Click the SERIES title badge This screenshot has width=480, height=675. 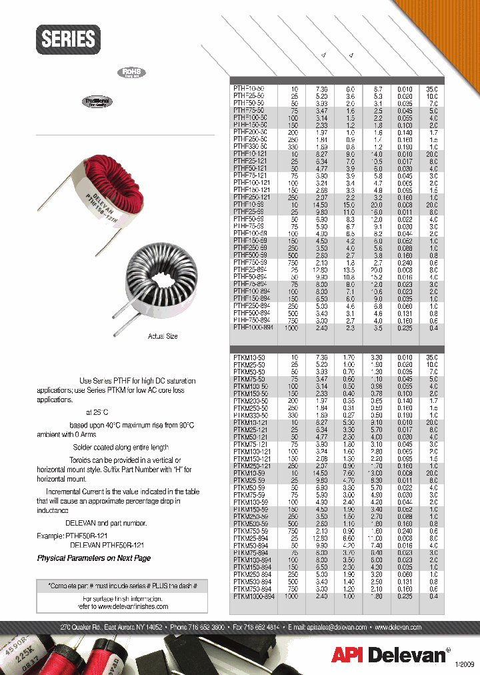(69, 39)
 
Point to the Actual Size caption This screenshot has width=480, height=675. (163, 336)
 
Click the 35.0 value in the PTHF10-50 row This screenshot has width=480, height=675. (432, 88)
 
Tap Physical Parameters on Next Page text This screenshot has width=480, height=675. (94, 558)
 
